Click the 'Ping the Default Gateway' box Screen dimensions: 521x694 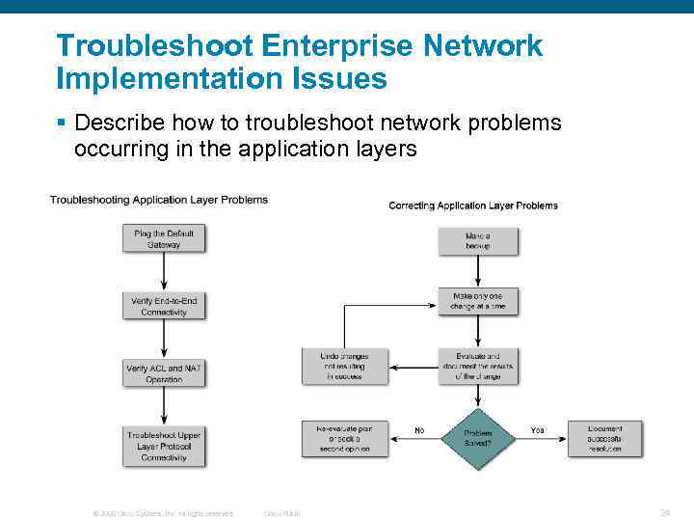164,239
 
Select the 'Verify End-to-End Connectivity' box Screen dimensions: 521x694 164,307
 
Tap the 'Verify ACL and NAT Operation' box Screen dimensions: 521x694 164,373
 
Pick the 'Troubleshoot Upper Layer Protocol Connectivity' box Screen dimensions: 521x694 164,446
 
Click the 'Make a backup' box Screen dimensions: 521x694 478,240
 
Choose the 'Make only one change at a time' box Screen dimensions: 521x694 478,300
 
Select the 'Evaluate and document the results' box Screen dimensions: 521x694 478,367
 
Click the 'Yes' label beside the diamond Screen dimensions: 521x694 537,430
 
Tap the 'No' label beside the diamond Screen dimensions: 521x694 419,430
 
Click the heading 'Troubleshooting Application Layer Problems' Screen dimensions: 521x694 159,200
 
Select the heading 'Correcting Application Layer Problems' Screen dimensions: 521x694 472,206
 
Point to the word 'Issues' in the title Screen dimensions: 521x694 344,78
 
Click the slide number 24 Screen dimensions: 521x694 665,512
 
